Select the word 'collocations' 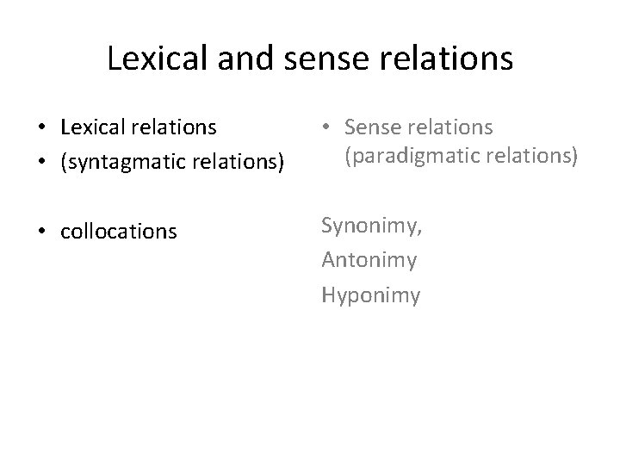pos(119,232)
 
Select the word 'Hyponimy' pos(371,296)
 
